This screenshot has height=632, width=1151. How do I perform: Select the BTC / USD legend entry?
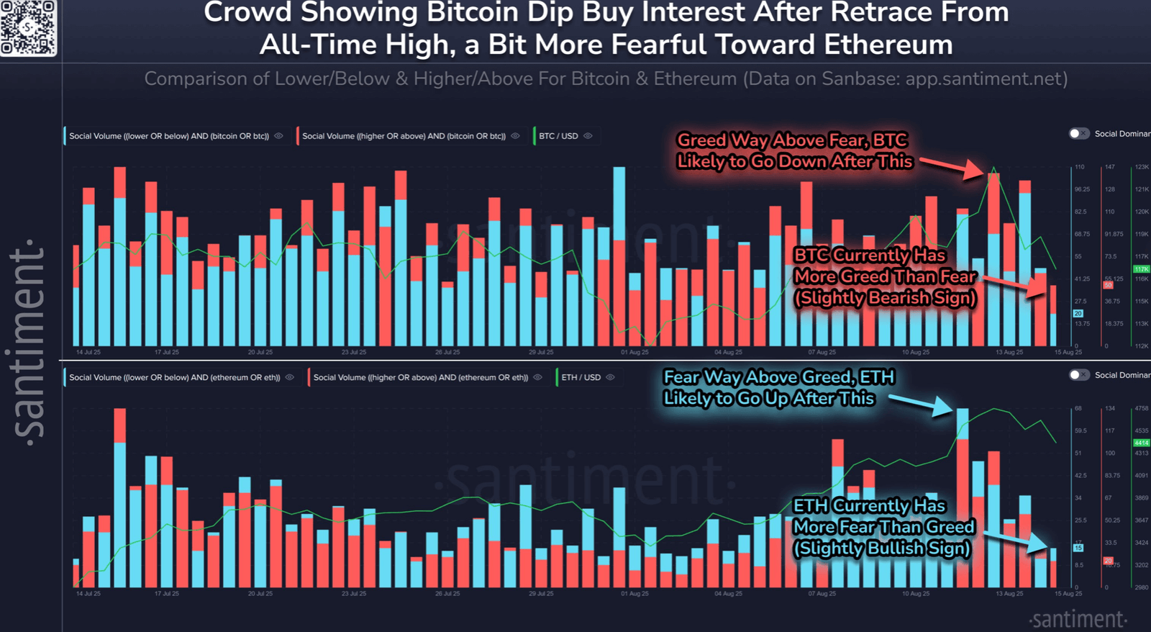click(558, 136)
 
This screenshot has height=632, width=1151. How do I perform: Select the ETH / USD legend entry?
click(581, 377)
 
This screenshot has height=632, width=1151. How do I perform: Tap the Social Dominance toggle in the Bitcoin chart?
click(1078, 134)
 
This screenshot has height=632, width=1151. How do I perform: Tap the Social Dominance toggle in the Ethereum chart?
click(1078, 375)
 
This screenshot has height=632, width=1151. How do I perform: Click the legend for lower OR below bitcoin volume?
click(169, 136)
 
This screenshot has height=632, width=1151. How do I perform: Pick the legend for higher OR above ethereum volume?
click(420, 377)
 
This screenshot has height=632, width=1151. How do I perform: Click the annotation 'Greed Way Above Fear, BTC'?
click(792, 140)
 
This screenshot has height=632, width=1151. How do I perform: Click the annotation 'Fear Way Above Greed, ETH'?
click(778, 377)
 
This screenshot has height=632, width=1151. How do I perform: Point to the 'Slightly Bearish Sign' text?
click(885, 298)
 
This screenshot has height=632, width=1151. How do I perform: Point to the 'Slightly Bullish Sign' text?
click(881, 549)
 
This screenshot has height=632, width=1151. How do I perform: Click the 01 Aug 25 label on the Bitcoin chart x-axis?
click(634, 353)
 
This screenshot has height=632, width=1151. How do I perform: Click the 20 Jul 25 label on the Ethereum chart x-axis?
click(260, 594)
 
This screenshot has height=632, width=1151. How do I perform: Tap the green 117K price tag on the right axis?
click(1141, 269)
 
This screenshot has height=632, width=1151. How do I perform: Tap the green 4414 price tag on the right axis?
click(1141, 443)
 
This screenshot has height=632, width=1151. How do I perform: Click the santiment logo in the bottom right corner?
click(1078, 619)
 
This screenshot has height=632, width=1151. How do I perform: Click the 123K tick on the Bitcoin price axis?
click(1142, 167)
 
